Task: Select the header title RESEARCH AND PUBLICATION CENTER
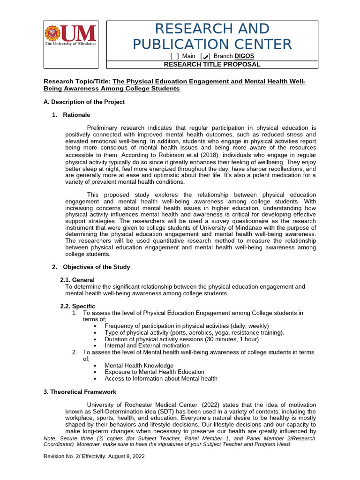[212, 37]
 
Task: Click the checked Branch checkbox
[205, 56]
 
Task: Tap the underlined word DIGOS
[244, 56]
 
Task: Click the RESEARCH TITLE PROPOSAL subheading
[212, 64]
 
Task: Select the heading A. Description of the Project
[84, 102]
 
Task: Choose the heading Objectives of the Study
[96, 267]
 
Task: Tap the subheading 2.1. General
[77, 280]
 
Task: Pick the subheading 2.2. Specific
[78, 306]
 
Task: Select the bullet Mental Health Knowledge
[139, 365]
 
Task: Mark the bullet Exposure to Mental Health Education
[154, 372]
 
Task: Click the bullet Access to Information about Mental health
[161, 378]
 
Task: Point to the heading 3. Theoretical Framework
[80, 392]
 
